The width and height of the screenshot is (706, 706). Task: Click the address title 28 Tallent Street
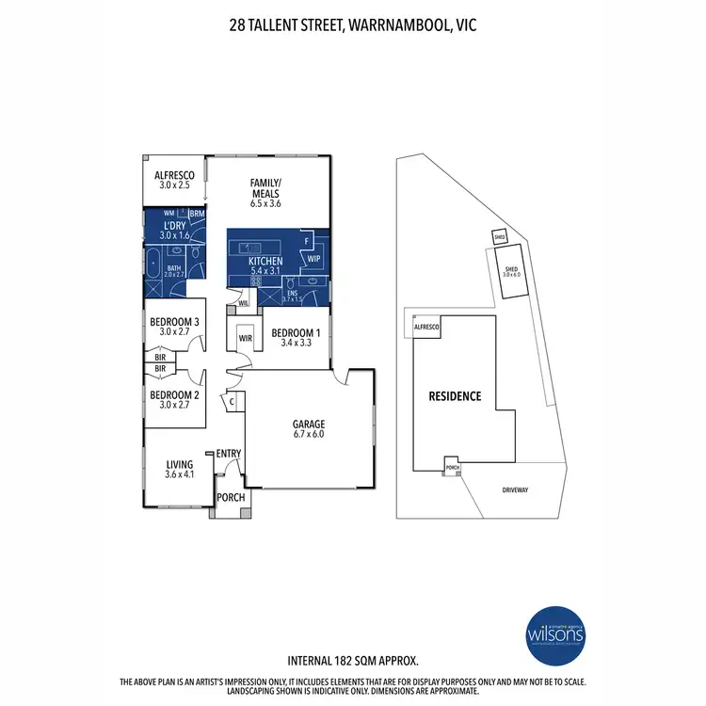[353, 25]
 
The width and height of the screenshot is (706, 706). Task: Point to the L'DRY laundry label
[173, 230]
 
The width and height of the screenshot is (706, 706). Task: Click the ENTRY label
[229, 455]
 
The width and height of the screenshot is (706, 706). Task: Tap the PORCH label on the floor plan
[231, 498]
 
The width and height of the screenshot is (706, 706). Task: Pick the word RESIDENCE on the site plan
[457, 396]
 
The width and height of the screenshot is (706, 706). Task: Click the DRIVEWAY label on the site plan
[515, 490]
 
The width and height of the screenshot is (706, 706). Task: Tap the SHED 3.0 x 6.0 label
[512, 272]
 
